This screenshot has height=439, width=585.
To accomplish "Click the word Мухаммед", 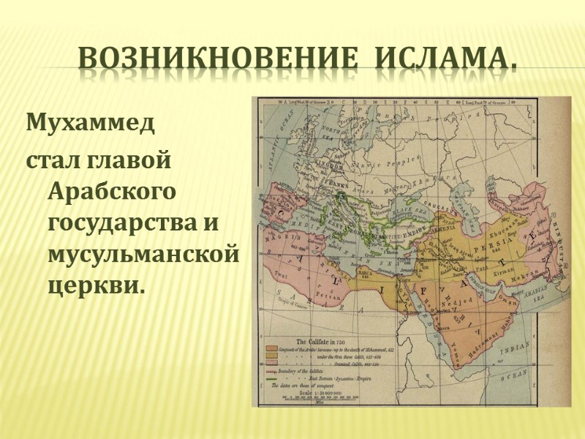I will coord(91,122).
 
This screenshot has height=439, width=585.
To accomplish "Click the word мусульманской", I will coord(143,252).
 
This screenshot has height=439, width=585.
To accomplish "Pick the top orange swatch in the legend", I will coord(272,349).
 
